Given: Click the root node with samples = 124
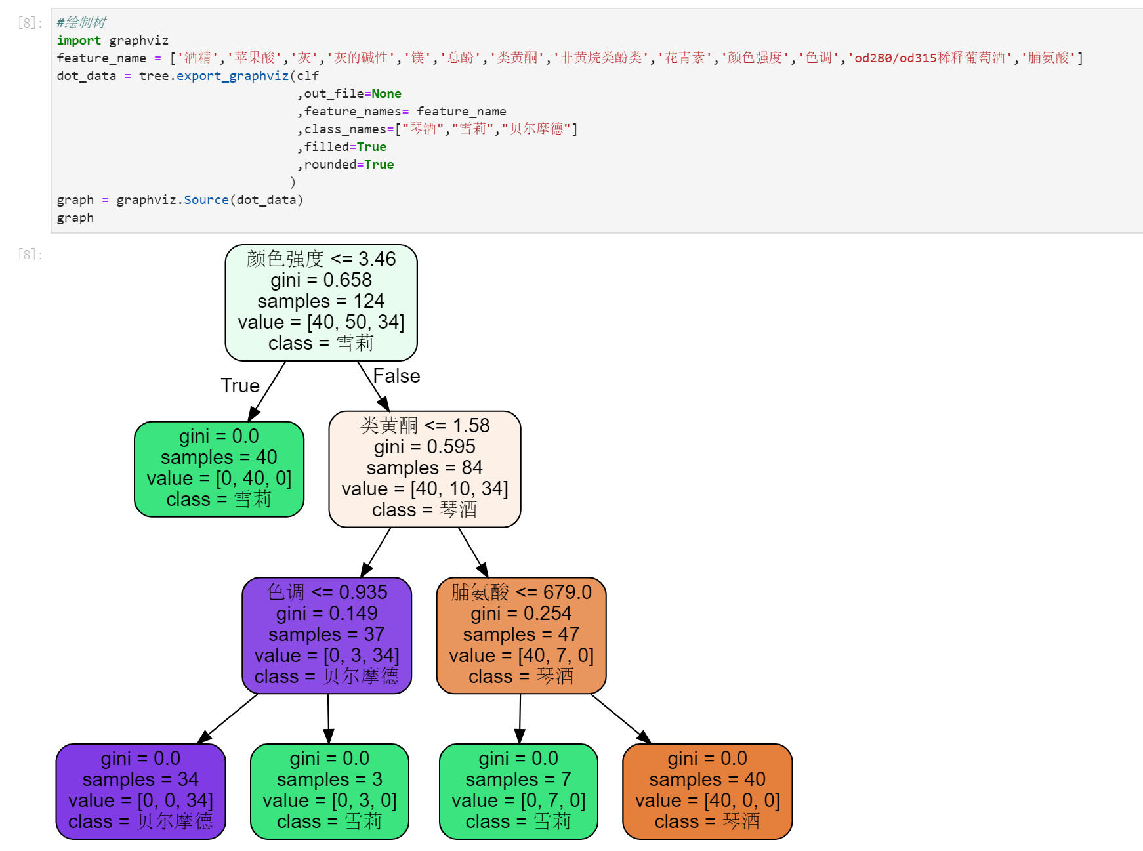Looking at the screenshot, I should coord(321,302).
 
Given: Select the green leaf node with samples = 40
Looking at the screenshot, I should coord(218,468).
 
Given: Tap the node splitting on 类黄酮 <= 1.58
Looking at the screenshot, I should coord(425,468).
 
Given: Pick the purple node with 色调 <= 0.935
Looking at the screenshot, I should coord(327,635).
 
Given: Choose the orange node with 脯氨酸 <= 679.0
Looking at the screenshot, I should coord(521,635).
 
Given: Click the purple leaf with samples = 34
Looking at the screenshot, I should coord(140,791).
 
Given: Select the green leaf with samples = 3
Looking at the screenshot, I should coord(329,791).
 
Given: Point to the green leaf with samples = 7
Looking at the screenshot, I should coord(518,791).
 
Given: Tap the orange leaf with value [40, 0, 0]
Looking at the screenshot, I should coord(707,791).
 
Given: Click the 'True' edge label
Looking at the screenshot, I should coord(240,386).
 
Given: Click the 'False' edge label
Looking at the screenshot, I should coord(396,376).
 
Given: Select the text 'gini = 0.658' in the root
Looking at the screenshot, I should coord(321,280).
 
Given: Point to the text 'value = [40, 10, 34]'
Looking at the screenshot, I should coord(425,489).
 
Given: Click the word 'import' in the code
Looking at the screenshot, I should coord(79,41).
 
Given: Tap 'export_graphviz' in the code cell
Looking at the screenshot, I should coord(232,76).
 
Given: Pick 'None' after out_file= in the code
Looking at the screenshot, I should coord(386,94).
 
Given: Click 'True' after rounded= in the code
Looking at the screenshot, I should coord(379,165).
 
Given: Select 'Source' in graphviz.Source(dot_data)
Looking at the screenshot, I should coord(206,200).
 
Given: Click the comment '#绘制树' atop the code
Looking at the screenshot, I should coord(81,22).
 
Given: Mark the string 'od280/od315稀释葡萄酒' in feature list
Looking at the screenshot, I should coord(929,58).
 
